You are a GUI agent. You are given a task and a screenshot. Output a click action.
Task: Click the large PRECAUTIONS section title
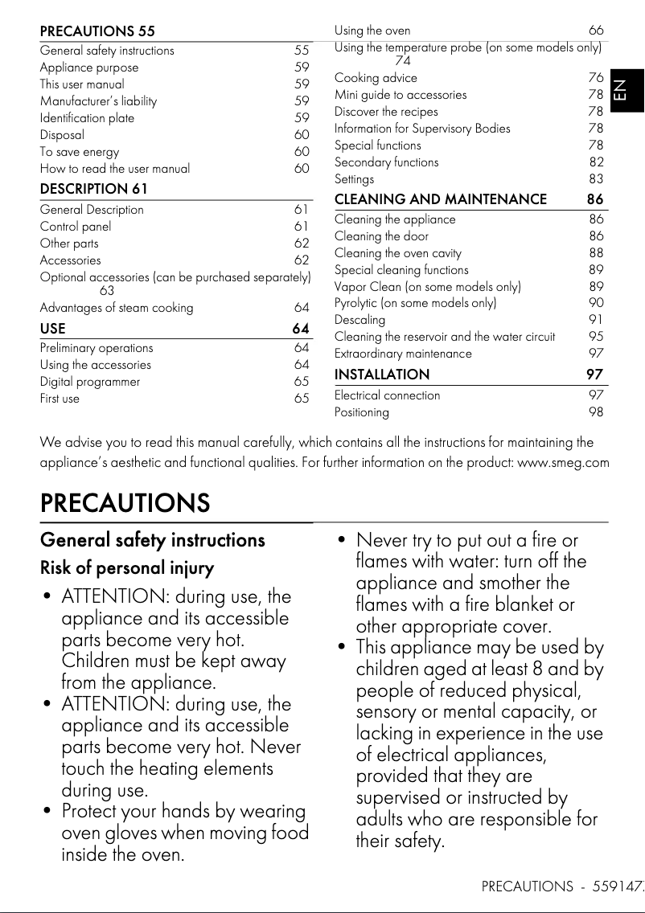tap(125, 503)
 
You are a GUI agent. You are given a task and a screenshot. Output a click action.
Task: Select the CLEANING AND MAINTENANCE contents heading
tap(440, 199)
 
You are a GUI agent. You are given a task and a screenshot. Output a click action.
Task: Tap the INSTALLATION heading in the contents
tap(382, 375)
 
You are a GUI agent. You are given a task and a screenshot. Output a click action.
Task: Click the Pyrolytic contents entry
tap(415, 303)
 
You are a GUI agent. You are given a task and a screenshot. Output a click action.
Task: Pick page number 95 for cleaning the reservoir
tap(595, 337)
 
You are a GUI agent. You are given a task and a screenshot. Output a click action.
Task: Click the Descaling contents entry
tap(359, 320)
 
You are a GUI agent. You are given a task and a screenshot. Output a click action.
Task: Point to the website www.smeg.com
tap(563, 462)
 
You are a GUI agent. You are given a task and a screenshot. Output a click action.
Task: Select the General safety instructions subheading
tap(152, 540)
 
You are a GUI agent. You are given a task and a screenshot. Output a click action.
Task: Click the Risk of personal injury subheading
tap(127, 568)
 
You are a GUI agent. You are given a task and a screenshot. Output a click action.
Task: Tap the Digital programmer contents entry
tap(90, 382)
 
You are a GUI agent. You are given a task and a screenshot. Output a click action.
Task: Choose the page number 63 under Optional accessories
tap(107, 291)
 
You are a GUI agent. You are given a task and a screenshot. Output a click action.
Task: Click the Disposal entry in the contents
tap(62, 135)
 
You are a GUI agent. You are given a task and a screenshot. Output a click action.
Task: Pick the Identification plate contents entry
tap(87, 118)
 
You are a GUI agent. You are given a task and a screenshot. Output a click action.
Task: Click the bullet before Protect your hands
tap(47, 812)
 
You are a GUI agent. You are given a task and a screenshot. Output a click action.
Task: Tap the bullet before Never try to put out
tap(342, 541)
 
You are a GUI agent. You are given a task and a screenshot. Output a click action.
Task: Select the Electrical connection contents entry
tap(387, 395)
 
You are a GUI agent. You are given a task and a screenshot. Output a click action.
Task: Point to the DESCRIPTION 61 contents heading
tap(93, 189)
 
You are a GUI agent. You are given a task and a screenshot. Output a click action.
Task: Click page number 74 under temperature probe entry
tap(402, 61)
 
